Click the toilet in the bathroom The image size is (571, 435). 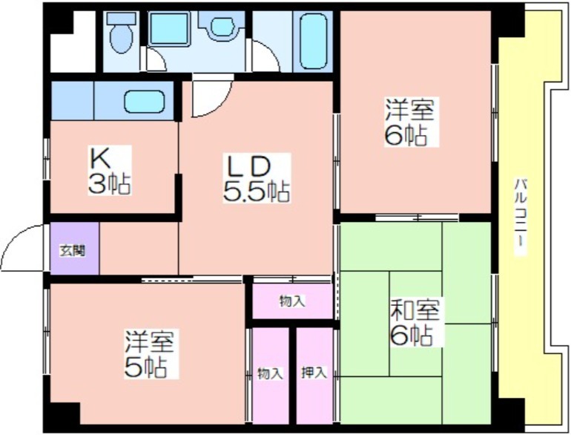coord(121,33)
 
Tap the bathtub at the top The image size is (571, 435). coord(313,41)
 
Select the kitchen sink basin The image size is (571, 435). coord(145,102)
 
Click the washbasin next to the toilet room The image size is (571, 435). coord(222,27)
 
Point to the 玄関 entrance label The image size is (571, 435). coord(73,250)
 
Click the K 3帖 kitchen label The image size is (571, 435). coord(109,171)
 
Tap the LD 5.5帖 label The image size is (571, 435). coord(257,178)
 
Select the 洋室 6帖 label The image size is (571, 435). coord(411,122)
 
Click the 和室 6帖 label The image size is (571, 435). coord(415,321)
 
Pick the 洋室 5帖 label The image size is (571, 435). coord(151,353)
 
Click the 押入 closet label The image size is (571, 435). coord(314,373)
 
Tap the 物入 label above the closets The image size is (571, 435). coord(292,301)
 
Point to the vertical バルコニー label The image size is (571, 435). coord(521,217)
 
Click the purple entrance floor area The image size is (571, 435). coord(74,249)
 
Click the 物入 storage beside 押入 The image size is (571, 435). coord(270,376)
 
